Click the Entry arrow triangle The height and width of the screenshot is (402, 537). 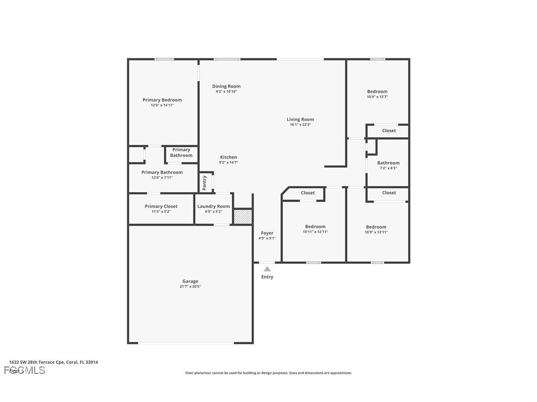267,269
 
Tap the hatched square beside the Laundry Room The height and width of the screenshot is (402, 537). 242,217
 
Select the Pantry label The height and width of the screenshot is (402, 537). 205,183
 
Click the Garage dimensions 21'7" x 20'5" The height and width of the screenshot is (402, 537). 190,286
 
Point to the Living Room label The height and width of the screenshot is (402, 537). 300,119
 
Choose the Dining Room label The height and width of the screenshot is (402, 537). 226,86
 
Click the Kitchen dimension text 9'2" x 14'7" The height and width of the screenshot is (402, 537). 228,162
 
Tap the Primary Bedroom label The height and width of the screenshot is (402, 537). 162,100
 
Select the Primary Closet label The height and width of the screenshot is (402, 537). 161,206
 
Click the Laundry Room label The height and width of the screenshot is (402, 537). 214,206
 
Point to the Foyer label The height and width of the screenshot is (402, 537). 267,233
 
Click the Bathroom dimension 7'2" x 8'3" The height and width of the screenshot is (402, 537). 388,168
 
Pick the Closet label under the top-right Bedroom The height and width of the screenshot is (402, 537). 389,131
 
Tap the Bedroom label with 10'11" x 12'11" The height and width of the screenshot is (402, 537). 315,227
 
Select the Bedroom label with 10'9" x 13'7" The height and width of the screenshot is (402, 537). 377,91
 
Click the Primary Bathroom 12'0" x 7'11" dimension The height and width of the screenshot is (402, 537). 162,178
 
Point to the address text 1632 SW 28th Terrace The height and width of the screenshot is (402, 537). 53,362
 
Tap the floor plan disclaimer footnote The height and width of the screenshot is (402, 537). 268,373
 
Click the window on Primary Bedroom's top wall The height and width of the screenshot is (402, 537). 164,59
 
